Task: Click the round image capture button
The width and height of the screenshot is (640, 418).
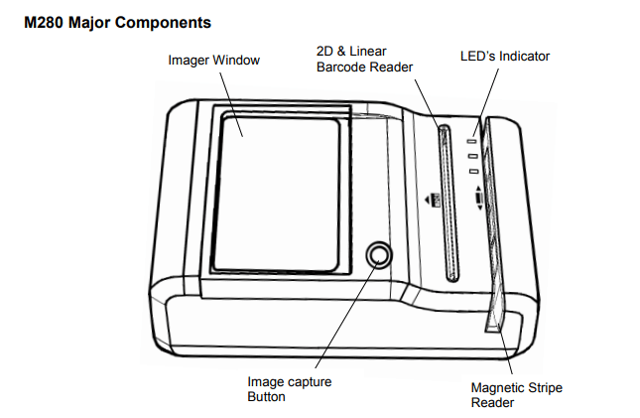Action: pos(378,255)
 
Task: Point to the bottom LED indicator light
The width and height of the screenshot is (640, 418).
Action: pos(475,171)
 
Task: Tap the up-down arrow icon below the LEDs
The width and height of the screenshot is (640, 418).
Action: pos(479,198)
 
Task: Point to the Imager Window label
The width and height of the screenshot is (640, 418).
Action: pos(213,61)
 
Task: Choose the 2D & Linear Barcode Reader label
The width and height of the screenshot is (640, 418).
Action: pos(363,59)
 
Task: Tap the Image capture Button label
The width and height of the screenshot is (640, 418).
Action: pos(289,388)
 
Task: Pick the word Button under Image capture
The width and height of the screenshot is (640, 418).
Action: pos(266,396)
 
